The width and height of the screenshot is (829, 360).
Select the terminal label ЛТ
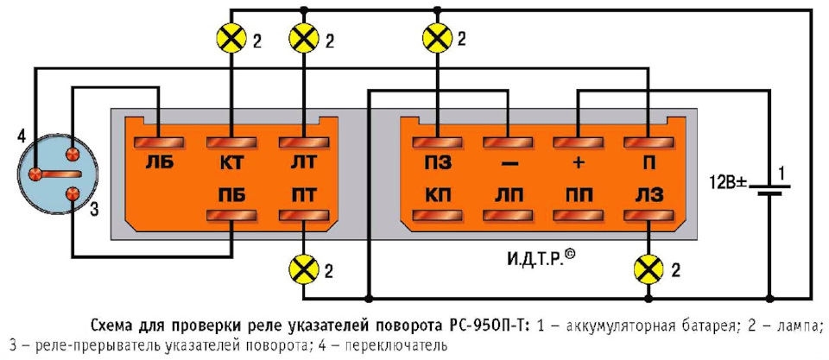[297, 162]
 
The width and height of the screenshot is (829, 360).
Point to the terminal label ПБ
[228, 194]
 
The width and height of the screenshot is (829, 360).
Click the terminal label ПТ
[297, 194]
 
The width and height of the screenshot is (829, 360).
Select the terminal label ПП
[575, 194]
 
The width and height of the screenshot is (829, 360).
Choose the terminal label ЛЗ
[645, 194]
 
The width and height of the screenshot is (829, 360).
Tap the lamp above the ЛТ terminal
[302, 38]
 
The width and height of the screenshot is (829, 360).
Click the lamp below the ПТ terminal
[302, 268]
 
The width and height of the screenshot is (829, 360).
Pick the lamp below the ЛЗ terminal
[647, 268]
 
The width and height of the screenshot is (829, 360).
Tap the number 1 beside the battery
[782, 174]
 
